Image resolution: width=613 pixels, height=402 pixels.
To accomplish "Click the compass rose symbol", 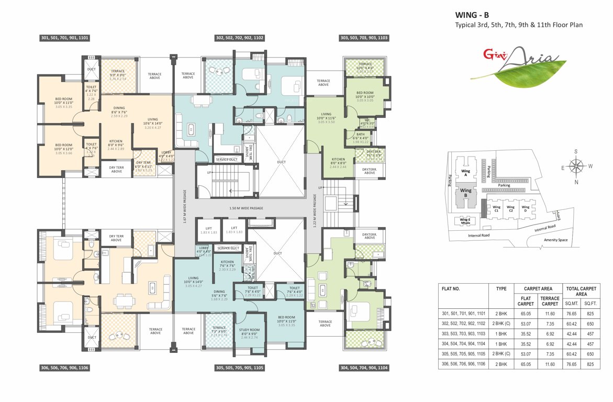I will coord(576,167).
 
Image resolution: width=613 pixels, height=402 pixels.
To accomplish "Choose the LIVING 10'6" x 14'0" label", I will coord(153,122).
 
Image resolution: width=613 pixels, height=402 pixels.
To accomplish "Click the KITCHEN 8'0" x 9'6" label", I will coord(116,144).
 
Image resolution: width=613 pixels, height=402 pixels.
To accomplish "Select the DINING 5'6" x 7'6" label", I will coord(219,295).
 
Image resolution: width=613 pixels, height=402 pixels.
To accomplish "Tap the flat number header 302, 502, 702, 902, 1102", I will coord(239,38).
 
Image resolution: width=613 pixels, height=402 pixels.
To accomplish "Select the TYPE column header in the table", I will coord(501,288).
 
